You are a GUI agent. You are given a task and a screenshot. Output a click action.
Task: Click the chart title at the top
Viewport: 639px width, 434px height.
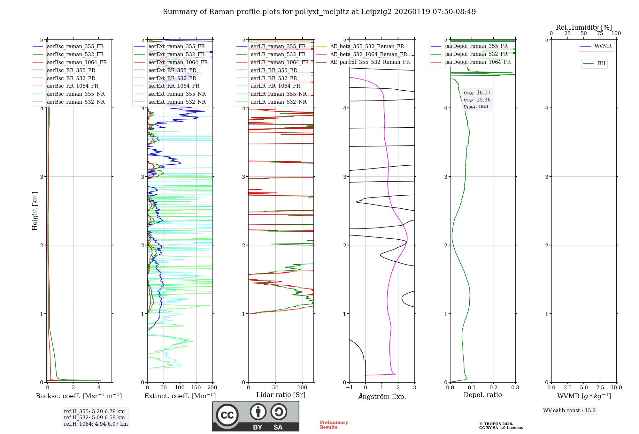[x=319, y=12]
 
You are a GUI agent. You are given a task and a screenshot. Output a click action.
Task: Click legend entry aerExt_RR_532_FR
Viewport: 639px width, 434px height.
[x=172, y=78]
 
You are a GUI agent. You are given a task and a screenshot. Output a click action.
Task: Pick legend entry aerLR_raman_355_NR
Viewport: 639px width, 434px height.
[x=278, y=94]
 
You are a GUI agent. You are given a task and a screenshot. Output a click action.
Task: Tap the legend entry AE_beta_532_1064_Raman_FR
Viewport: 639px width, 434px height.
[x=368, y=54]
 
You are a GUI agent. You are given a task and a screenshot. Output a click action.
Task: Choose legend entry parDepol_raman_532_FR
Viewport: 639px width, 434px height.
[x=476, y=54]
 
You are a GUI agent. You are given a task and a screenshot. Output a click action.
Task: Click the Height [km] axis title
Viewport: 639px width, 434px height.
[x=35, y=211]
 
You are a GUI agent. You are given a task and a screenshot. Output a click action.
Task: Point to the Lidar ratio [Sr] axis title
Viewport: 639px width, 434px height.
[x=281, y=395]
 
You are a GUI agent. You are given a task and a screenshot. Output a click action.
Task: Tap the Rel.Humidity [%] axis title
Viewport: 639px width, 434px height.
[x=584, y=27]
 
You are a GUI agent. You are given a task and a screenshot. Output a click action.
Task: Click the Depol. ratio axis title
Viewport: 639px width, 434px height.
[x=482, y=395]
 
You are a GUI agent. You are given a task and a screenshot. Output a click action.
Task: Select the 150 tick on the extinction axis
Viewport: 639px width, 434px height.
[x=196, y=388]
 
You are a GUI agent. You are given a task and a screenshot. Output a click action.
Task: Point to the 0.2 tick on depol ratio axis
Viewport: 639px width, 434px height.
[x=494, y=388]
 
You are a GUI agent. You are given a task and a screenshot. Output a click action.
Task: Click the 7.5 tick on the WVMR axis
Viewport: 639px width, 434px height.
[x=600, y=388]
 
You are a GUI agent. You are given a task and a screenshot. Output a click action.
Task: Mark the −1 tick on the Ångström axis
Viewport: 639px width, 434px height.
[x=349, y=388]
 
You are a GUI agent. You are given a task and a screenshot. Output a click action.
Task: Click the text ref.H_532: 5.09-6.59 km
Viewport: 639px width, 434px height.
[x=94, y=417]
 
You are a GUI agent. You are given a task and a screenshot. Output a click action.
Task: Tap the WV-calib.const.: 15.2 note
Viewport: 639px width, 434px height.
[x=569, y=410]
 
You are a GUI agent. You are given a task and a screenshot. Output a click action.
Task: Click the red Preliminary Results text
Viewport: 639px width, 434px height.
[x=334, y=424]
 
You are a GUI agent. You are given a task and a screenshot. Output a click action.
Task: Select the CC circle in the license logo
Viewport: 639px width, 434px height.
[x=227, y=415]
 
